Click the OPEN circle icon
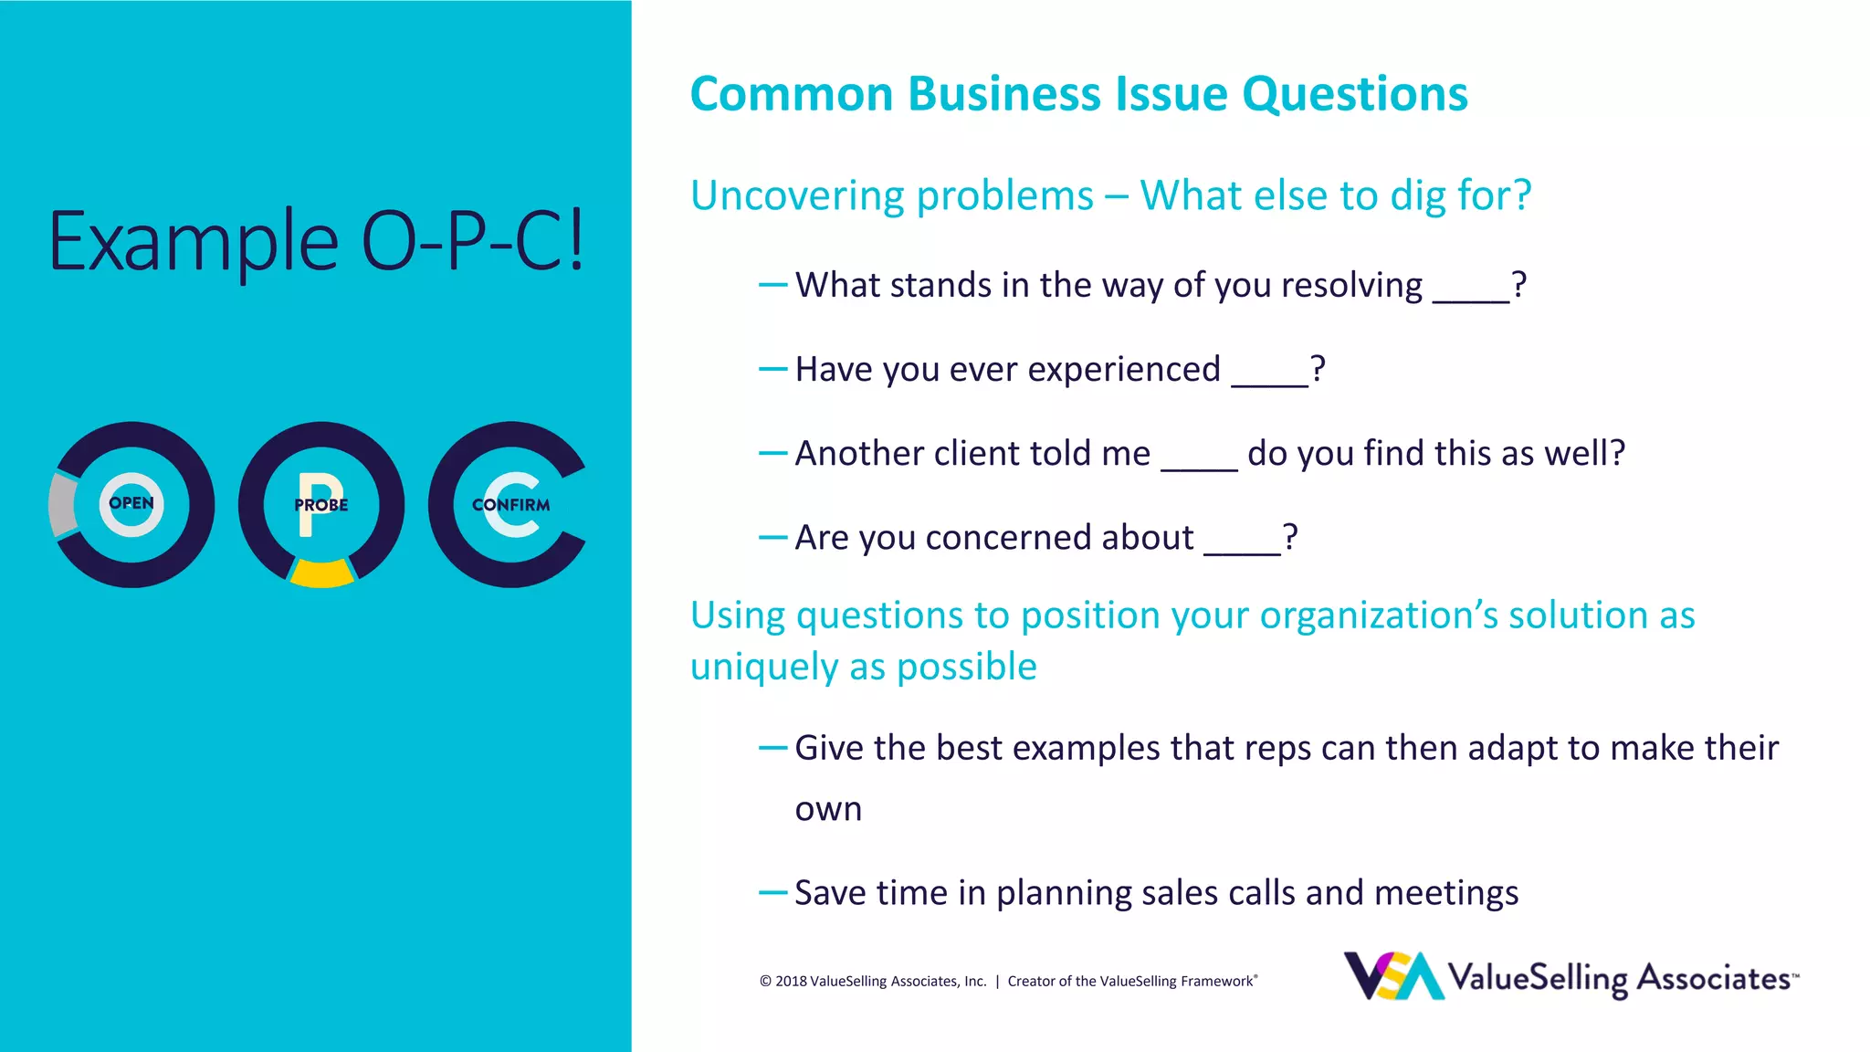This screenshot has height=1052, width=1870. tap(131, 504)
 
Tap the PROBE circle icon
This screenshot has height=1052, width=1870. tap(321, 504)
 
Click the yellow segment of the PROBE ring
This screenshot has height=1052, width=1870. tap(321, 573)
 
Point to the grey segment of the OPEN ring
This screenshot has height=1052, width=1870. tap(61, 504)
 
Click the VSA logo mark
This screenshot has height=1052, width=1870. tap(1392, 976)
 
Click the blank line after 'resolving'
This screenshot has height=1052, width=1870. tap(1471, 300)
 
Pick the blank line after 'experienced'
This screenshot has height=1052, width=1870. tap(1269, 384)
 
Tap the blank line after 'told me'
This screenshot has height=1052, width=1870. tap(1199, 468)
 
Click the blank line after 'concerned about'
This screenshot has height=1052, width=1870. tap(1242, 552)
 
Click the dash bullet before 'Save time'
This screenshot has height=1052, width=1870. tap(772, 892)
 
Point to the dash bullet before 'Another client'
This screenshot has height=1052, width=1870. tap(772, 453)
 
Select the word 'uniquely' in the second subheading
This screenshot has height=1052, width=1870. tap(763, 668)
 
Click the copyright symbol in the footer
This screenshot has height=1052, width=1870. tap(765, 982)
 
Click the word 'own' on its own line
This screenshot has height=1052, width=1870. tap(828, 810)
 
